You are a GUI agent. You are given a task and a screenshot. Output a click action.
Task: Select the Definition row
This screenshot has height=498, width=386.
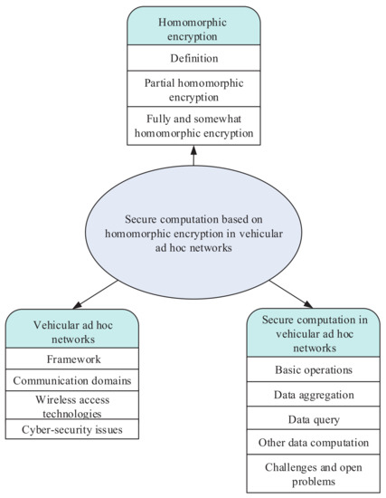193,58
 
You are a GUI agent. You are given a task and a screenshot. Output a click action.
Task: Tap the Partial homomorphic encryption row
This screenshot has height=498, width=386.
193,90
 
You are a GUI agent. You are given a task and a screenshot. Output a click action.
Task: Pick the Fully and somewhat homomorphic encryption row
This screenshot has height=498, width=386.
193,125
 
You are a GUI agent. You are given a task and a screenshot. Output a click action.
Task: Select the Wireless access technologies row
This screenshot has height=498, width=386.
72,406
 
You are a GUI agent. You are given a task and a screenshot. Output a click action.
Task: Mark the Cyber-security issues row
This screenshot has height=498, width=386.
72,428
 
